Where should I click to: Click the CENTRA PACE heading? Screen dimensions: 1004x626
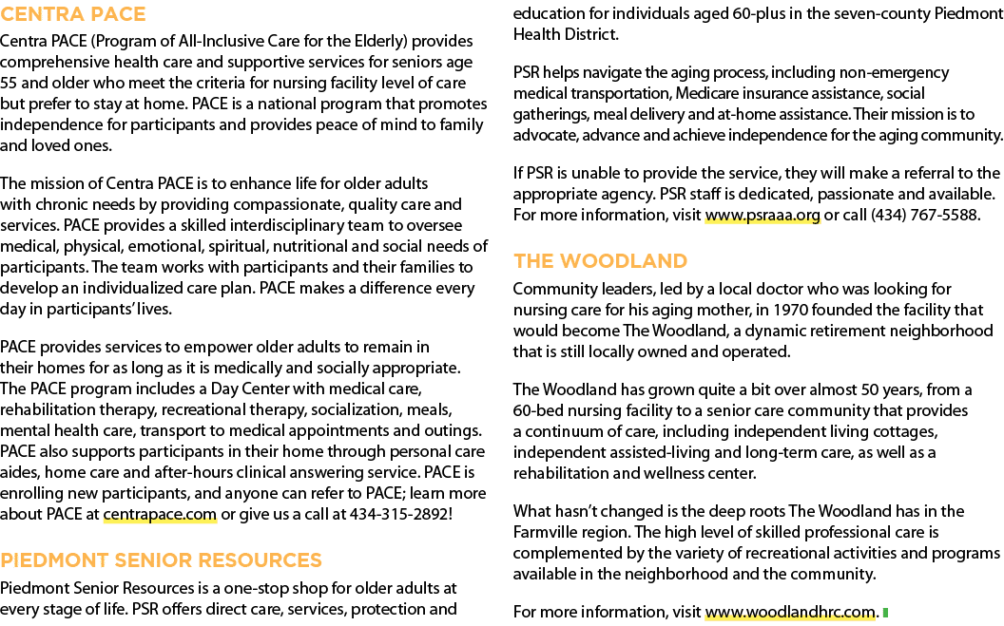[x=73, y=14]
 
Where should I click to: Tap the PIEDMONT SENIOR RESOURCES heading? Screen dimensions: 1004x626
[x=161, y=560]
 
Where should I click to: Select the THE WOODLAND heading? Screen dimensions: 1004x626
[x=600, y=261]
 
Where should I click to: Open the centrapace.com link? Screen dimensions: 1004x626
[x=160, y=514]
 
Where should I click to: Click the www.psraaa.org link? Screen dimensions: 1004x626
[x=762, y=216]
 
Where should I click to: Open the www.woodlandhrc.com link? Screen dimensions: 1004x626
[x=790, y=612]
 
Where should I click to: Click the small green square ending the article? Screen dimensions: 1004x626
[x=885, y=613]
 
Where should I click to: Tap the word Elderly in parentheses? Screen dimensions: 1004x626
[x=379, y=42]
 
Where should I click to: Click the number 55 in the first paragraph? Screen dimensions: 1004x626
[x=9, y=84]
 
